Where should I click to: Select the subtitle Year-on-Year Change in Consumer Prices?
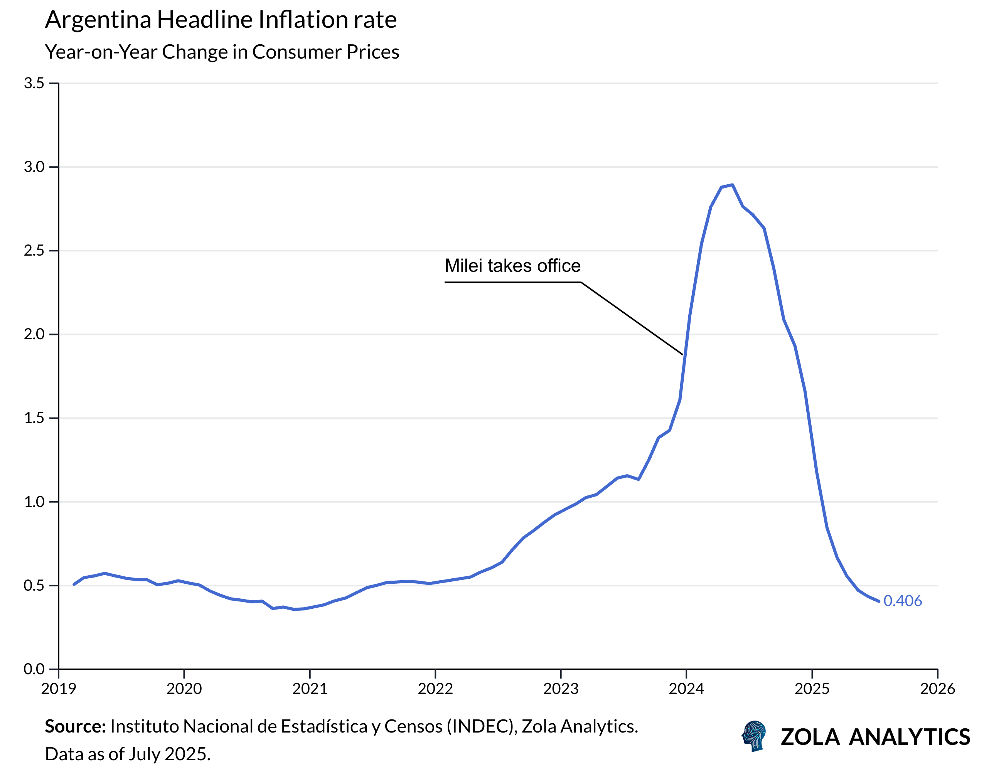coord(222,52)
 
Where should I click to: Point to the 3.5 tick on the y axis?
coord(34,83)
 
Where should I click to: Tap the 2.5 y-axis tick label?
coord(34,251)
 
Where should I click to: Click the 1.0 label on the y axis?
coord(34,502)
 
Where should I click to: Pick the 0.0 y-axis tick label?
coord(34,669)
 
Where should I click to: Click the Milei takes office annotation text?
coord(512,266)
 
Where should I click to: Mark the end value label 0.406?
coord(903,601)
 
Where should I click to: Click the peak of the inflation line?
coord(733,185)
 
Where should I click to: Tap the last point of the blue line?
coord(879,601)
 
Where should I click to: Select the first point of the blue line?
coord(74,584)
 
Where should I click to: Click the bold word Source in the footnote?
coord(75,727)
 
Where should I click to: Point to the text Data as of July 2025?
coord(128,754)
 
